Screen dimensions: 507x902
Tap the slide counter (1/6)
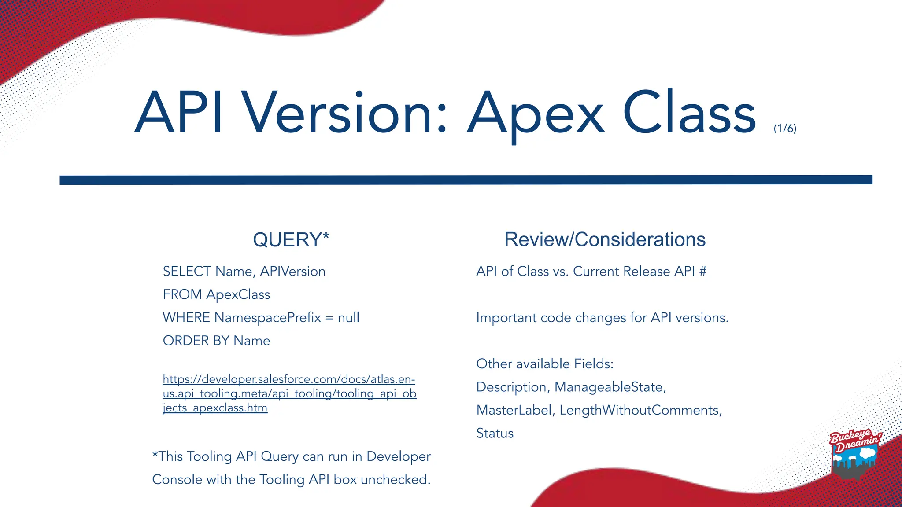pos(785,128)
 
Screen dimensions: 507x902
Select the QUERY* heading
pos(291,240)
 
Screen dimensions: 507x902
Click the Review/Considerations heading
pos(605,239)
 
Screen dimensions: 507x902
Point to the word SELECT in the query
pos(187,271)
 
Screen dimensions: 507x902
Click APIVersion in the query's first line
pos(292,271)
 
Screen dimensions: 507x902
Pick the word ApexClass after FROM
pos(238,294)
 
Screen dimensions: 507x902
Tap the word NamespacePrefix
pos(267,317)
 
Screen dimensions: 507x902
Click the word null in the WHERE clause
pos(348,317)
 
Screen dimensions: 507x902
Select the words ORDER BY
pos(196,341)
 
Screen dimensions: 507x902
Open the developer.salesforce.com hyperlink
pos(289,393)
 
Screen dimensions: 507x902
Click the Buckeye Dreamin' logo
pos(854,453)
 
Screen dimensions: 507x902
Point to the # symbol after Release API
pos(702,271)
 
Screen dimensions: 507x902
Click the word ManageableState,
pos(610,387)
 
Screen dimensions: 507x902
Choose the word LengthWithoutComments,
pos(640,410)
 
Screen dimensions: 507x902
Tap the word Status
pos(495,433)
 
